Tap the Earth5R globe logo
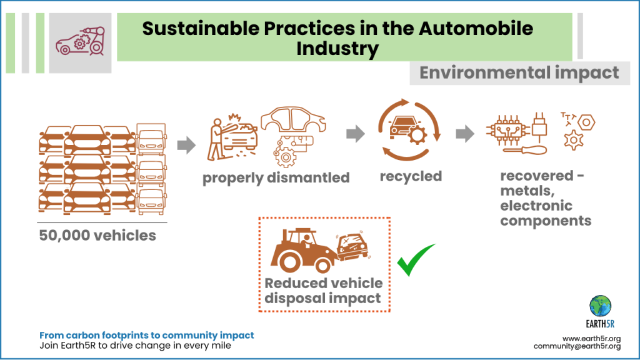point(601,306)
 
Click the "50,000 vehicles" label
point(97,236)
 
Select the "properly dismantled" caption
point(276,177)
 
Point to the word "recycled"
point(411,176)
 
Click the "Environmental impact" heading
point(519,73)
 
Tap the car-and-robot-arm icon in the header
point(79,37)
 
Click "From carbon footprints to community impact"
point(146,336)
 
